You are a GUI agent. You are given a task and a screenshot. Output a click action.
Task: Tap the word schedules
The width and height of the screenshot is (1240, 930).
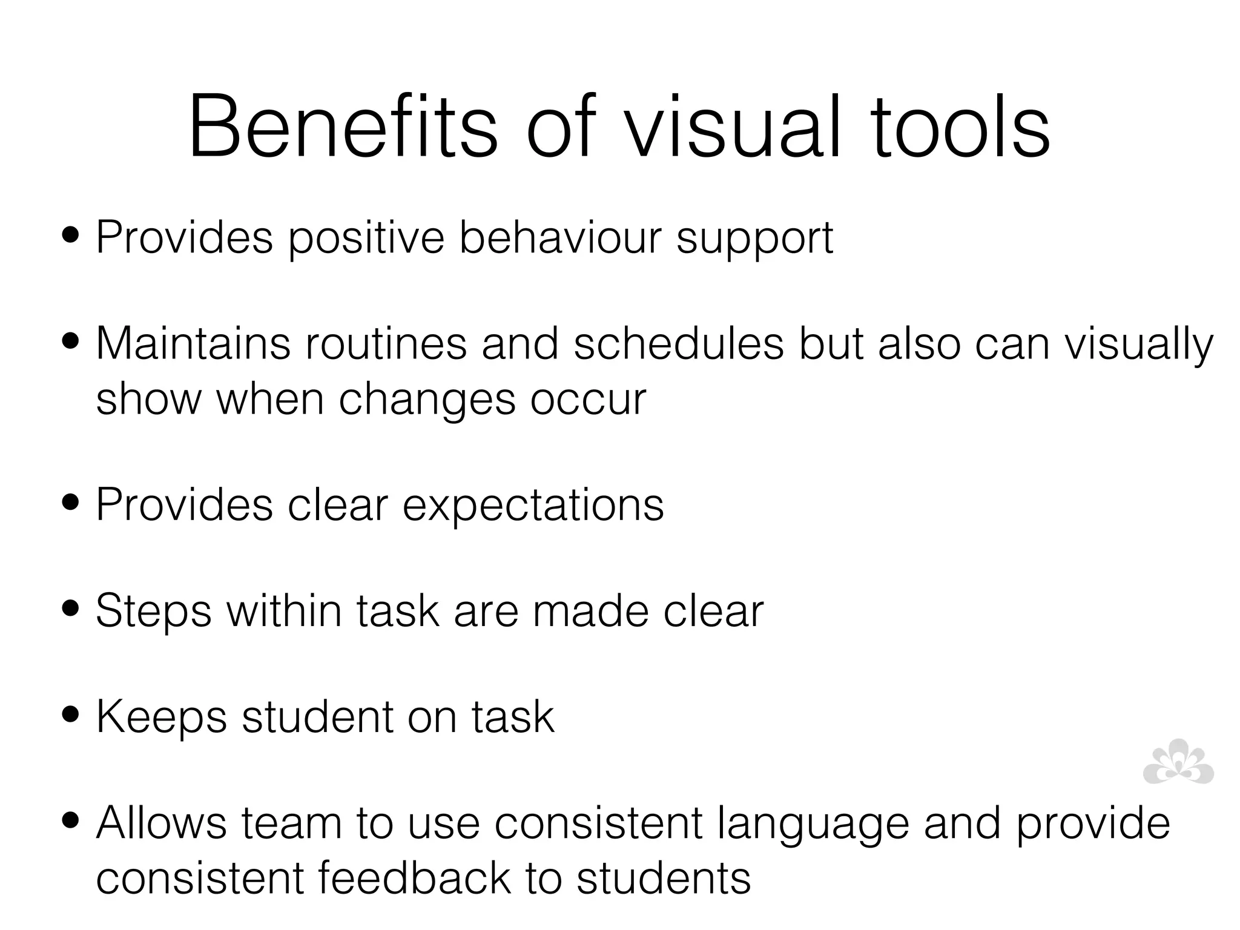click(678, 343)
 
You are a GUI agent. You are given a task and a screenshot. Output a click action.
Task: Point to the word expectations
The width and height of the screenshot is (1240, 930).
click(533, 506)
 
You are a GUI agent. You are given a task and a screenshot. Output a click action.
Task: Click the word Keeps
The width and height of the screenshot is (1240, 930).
click(161, 717)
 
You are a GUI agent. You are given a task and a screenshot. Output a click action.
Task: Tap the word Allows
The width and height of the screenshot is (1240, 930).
click(161, 823)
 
